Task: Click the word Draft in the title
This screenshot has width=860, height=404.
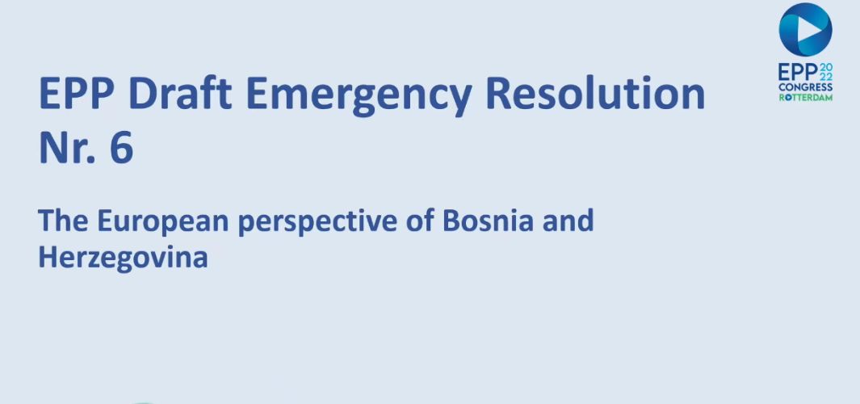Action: coord(179,93)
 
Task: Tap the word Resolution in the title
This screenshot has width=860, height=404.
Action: coord(595,93)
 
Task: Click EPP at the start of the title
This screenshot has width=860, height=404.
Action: coord(76,94)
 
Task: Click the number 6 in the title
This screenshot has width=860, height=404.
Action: coord(122,148)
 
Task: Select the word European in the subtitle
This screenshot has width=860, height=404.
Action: coord(163,221)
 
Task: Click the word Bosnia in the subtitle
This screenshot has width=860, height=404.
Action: coord(488,221)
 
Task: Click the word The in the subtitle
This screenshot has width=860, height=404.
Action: coord(63,221)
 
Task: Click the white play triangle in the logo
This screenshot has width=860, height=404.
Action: coord(810,30)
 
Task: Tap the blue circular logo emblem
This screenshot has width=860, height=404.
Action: coord(805,30)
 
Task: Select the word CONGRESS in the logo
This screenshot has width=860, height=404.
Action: coord(806,87)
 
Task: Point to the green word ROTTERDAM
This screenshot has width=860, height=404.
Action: coord(806,98)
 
